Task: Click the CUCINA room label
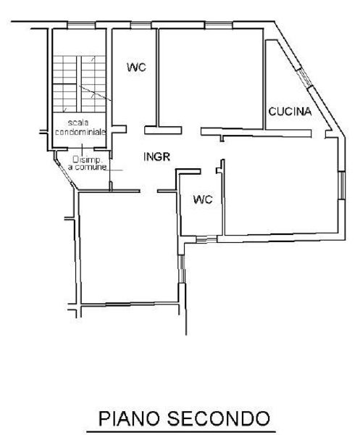pyautogui.click(x=290, y=112)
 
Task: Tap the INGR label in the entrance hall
pyautogui.click(x=157, y=157)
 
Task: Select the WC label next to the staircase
pyautogui.click(x=136, y=67)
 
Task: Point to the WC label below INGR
pyautogui.click(x=203, y=199)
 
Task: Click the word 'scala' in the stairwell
pyautogui.click(x=78, y=123)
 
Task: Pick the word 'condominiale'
pyautogui.click(x=80, y=131)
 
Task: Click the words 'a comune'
pyautogui.click(x=87, y=167)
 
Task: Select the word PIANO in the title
pyautogui.click(x=130, y=418)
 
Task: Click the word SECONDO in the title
pyautogui.click(x=219, y=418)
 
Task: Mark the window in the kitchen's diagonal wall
pyautogui.click(x=304, y=78)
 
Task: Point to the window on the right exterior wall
pyautogui.click(x=341, y=186)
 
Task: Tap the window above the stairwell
pyautogui.click(x=81, y=25)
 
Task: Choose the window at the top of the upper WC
pyautogui.click(x=141, y=25)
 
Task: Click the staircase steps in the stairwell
pyautogui.click(x=79, y=84)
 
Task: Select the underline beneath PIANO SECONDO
pyautogui.click(x=182, y=431)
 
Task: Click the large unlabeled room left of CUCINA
pyautogui.click(x=211, y=78)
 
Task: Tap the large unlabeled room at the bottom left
pyautogui.click(x=129, y=247)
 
